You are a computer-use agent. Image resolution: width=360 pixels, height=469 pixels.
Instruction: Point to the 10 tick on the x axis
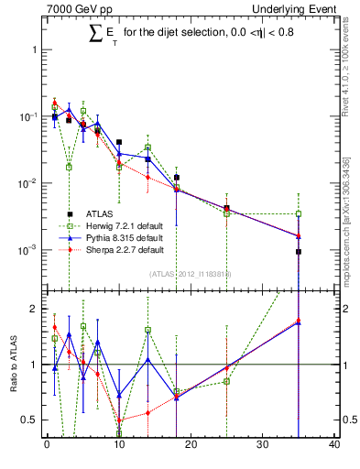click(x=119, y=446)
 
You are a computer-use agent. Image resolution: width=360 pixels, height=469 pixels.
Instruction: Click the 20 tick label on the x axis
click(x=191, y=446)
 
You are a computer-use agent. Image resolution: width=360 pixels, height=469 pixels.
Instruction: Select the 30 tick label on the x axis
click(x=263, y=446)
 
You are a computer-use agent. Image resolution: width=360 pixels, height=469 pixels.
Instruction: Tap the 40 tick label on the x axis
click(x=334, y=446)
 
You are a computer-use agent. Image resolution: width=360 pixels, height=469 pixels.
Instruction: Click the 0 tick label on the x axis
click(x=47, y=446)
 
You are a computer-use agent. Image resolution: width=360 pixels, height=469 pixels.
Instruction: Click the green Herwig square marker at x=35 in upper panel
click(x=299, y=214)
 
